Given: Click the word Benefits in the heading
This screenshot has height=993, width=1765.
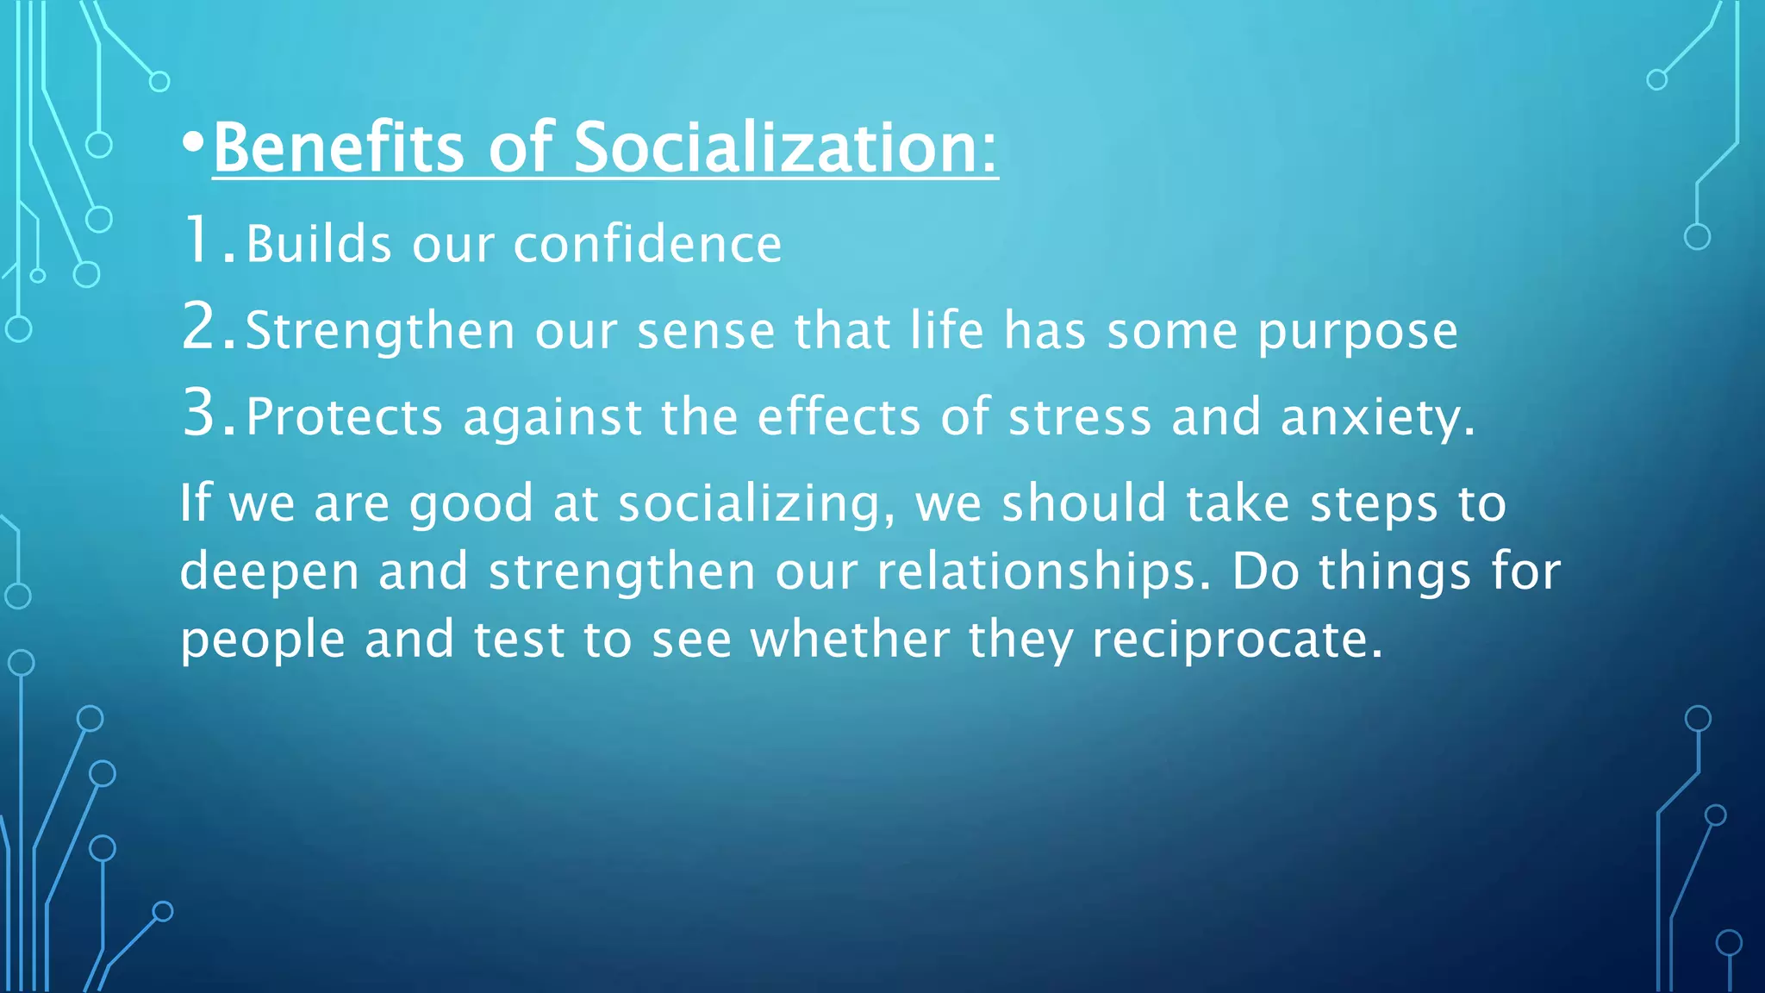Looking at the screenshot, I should [338, 147].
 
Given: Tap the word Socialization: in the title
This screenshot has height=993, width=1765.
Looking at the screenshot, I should [785, 147].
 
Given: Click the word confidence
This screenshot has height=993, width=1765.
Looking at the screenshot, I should [647, 244].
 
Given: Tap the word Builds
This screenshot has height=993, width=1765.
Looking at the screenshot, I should [319, 244].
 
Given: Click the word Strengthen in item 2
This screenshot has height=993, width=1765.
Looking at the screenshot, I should [380, 332].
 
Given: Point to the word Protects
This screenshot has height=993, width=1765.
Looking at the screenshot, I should [344, 417].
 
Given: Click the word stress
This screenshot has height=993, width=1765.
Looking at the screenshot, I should [1079, 417].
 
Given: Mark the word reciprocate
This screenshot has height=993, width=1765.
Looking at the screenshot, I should [1237, 641].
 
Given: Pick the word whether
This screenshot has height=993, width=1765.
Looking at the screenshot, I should [850, 640].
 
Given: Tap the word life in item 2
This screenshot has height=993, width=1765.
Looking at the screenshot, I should [947, 330].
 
